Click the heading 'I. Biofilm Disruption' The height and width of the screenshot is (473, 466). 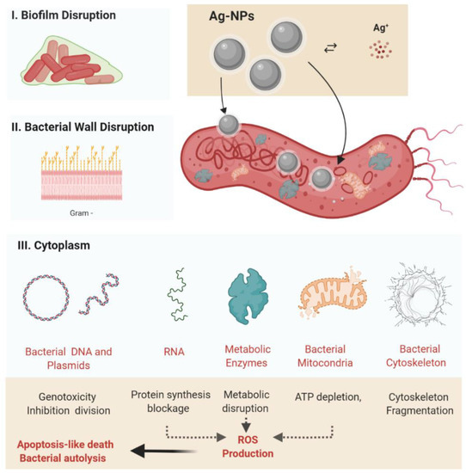point(65,15)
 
